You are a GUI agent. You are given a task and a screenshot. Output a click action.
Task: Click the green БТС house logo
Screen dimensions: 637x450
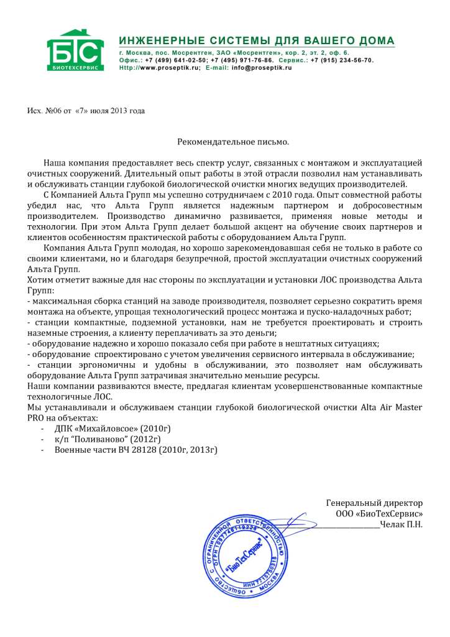pos(72,50)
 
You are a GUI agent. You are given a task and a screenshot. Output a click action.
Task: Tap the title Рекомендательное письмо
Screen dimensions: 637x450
pos(233,142)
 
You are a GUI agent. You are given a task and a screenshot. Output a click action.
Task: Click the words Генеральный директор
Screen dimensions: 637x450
pos(374,502)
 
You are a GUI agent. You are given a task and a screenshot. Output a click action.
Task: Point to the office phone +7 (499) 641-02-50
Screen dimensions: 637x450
pos(172,60)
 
